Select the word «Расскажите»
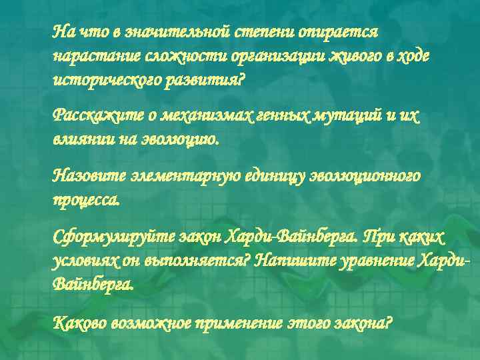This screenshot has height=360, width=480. (x=89, y=117)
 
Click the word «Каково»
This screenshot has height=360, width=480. (x=76, y=323)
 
